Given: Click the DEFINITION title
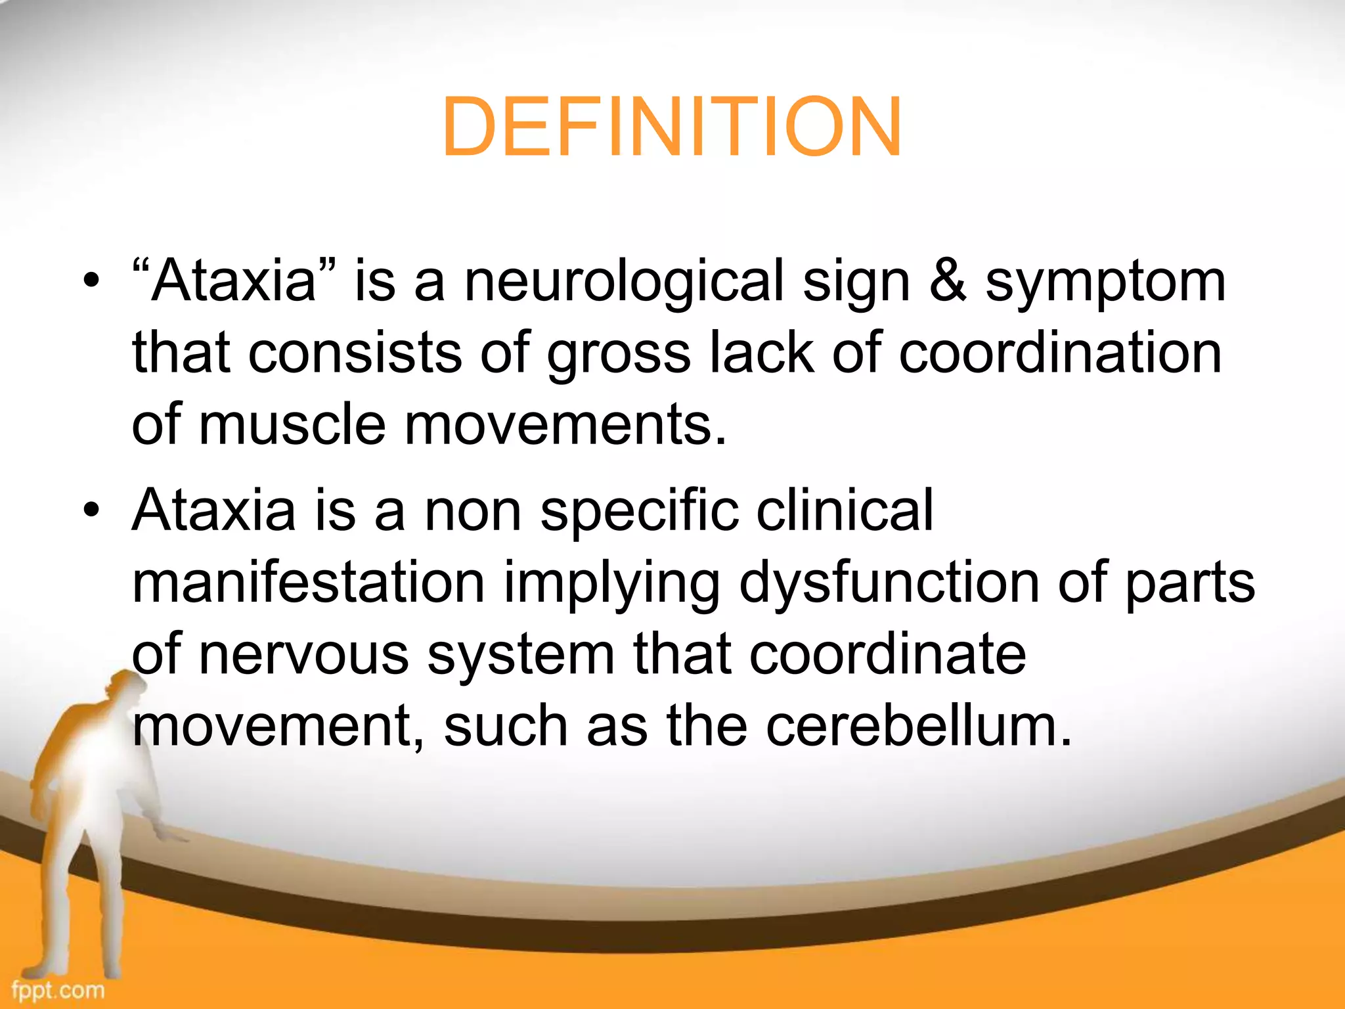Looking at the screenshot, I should pos(671,127).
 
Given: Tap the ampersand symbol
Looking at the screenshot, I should pos(948,281).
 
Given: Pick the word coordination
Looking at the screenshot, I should pos(1060,353).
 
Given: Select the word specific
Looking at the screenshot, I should pos(638,512).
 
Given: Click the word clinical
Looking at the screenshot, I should pos(845,510).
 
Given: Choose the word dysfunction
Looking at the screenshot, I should pos(889,583).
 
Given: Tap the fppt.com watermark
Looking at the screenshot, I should pos(58,989).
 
